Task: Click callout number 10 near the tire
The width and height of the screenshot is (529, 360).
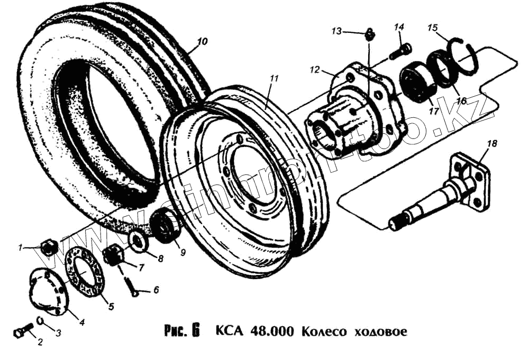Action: point(203,42)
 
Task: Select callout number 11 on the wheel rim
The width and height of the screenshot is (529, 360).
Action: point(273,78)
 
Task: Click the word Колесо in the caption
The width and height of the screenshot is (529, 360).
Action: point(323,332)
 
